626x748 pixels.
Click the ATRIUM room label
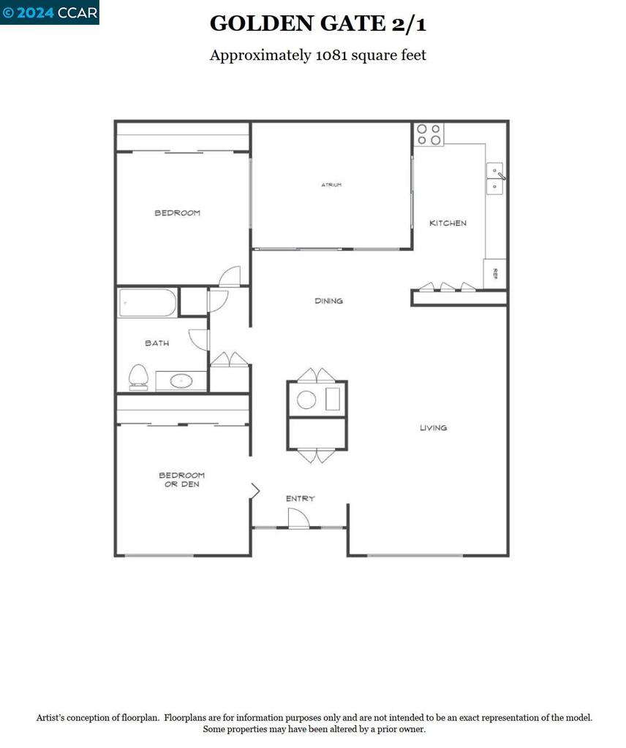pos(331,185)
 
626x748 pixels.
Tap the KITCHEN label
pos(448,223)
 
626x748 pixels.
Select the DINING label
pos(328,301)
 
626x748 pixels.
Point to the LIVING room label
pos(433,428)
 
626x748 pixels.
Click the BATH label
pos(156,343)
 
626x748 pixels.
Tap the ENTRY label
pos(300,498)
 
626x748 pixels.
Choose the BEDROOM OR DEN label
pos(181,479)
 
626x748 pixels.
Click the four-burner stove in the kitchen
pos(429,135)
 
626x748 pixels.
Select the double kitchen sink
pos(495,179)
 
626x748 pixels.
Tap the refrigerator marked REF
pos(495,274)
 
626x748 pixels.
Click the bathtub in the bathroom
pos(148,302)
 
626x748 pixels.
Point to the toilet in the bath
pos(138,377)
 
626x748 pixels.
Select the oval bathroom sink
pos(181,381)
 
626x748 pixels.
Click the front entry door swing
pos(298,518)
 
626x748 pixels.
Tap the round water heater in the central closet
pos(306,400)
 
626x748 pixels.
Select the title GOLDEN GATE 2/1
pos(318,24)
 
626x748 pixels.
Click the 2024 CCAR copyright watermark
pos(49,12)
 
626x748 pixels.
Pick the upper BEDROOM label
pos(177,213)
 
